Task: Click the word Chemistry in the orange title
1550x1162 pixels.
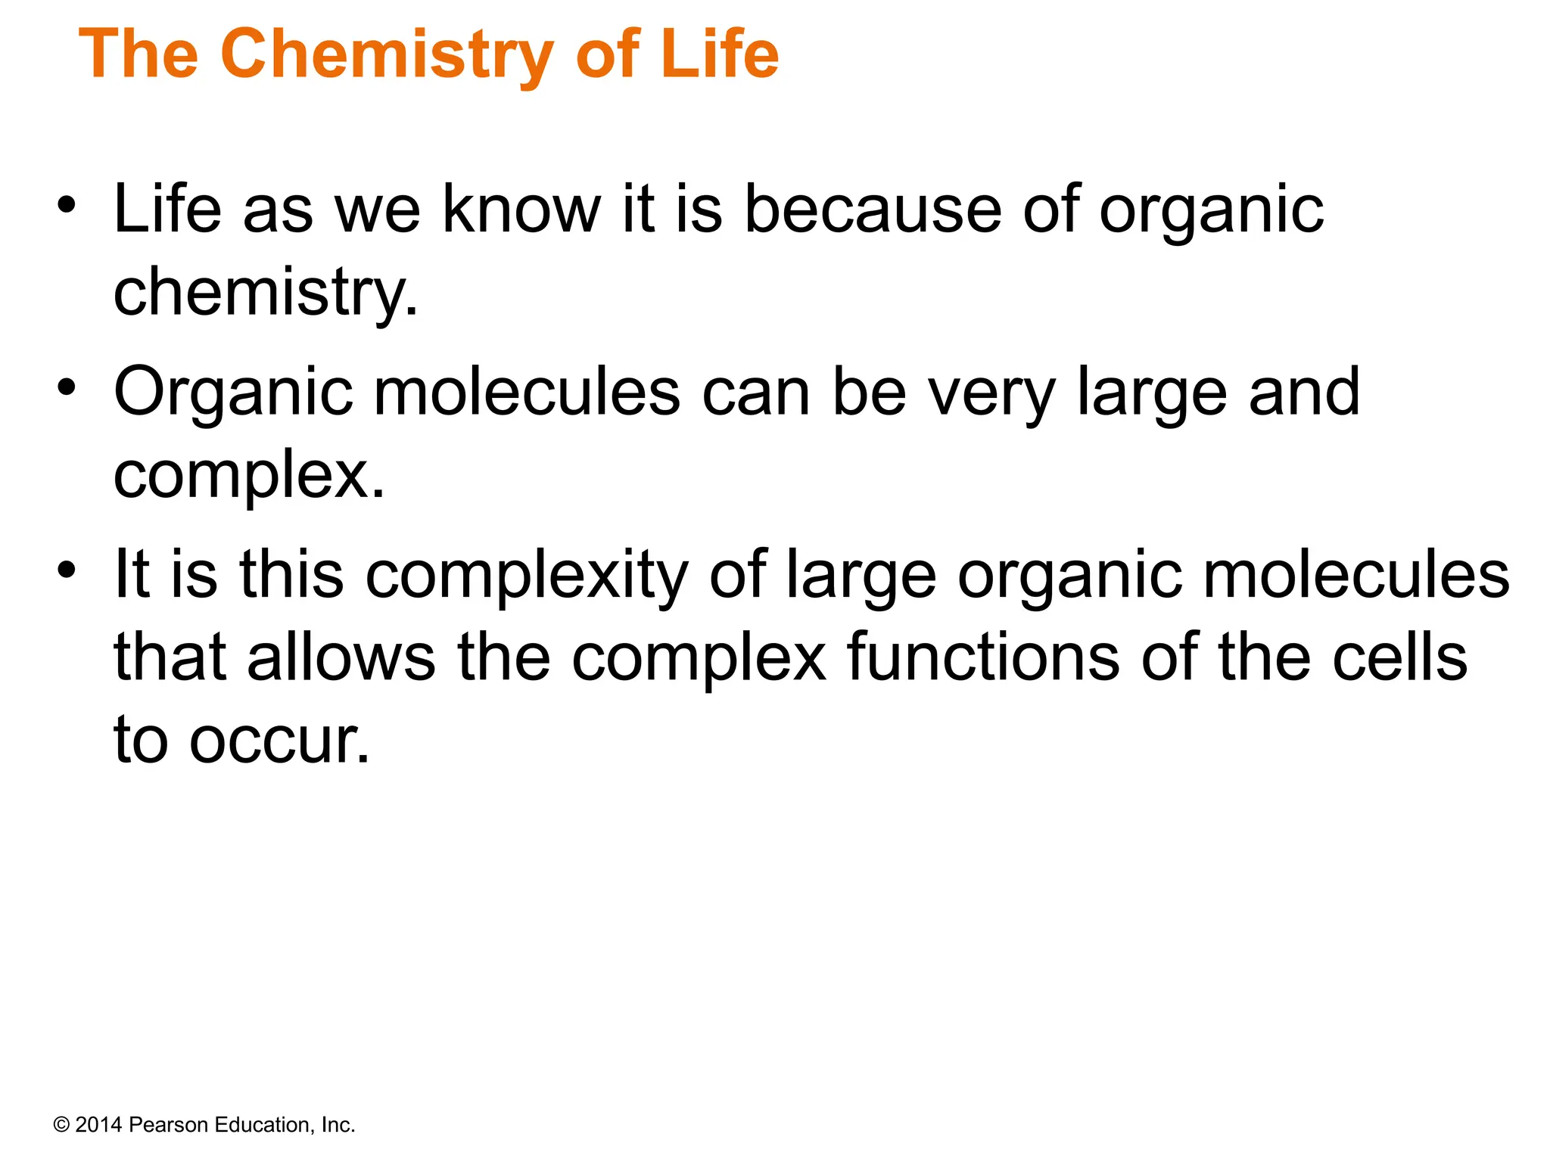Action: [x=386, y=54]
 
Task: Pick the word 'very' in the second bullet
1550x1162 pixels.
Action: [x=991, y=393]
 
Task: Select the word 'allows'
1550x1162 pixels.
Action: [x=341, y=657]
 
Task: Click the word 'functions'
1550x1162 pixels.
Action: [x=983, y=657]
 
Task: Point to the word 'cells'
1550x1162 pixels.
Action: [x=1399, y=657]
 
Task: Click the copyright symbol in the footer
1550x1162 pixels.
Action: [x=61, y=1125]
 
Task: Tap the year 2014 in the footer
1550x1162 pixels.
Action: [x=99, y=1125]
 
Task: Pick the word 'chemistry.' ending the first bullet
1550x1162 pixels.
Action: [x=266, y=294]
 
